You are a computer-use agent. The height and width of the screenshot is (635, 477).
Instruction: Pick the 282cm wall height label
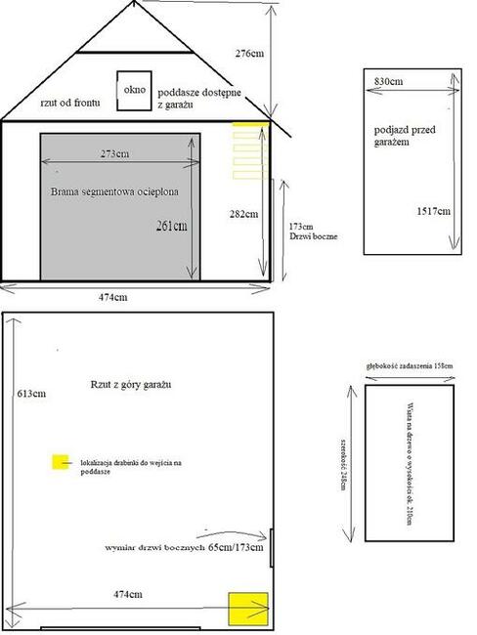(x=243, y=213)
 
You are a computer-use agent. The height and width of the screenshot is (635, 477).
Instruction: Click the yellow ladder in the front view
(x=248, y=149)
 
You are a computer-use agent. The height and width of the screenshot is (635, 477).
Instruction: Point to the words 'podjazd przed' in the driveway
(x=401, y=129)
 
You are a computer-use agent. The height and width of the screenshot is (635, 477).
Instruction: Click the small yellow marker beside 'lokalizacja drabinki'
(x=62, y=462)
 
